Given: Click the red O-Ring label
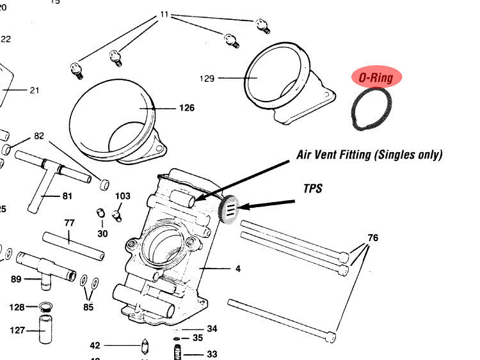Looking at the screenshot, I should (x=376, y=77).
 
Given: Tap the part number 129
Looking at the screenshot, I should (x=207, y=79).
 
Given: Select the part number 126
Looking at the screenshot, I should (x=186, y=108).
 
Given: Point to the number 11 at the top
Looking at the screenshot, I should (x=165, y=13).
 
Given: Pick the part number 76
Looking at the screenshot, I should (x=373, y=238).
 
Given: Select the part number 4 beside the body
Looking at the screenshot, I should (x=238, y=269).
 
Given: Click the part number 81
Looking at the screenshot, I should (x=67, y=196).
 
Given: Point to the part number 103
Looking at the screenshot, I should (x=123, y=196).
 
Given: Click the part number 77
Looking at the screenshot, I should (x=70, y=223).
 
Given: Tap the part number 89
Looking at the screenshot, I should (x=16, y=279).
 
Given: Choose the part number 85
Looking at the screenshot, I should (x=88, y=307).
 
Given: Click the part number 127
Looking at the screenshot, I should (x=17, y=331).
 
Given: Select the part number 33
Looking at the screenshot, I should (x=212, y=353).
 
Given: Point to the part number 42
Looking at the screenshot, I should (x=95, y=345).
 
